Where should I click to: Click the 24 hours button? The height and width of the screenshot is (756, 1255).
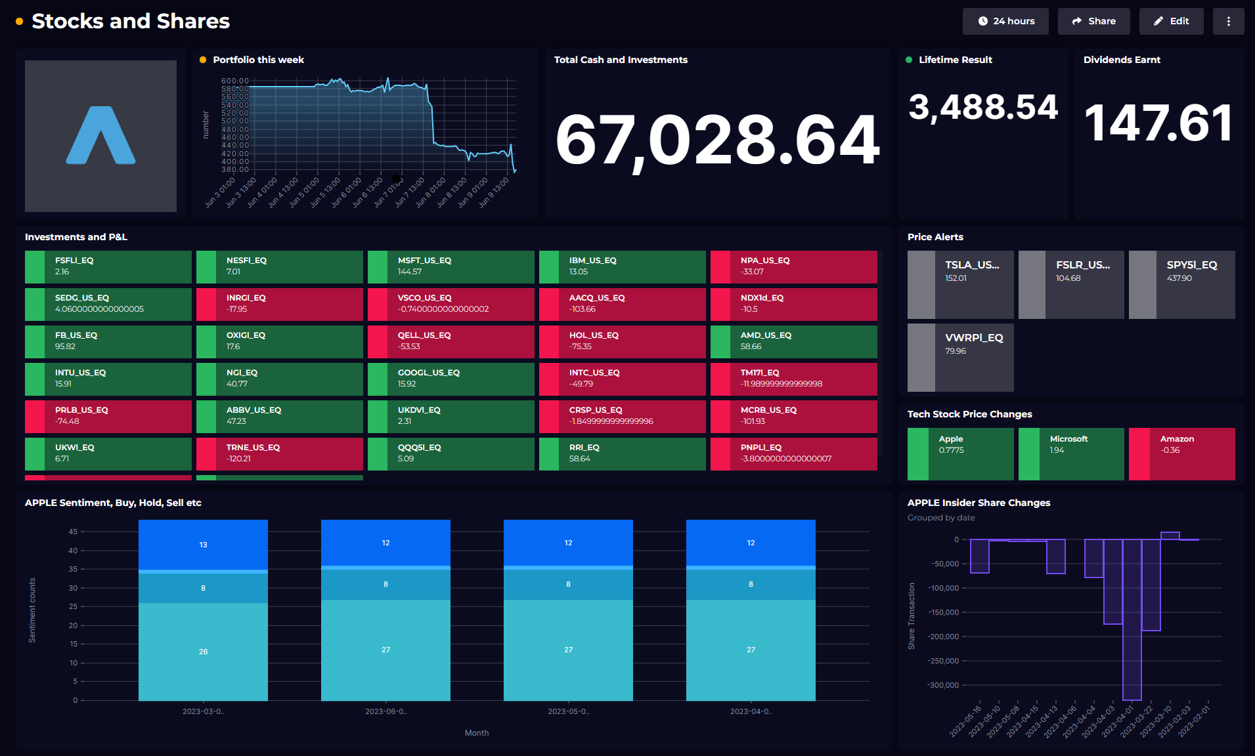pos(1005,21)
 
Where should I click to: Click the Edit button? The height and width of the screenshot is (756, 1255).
pos(1171,21)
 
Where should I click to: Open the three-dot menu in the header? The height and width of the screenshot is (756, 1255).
pos(1228,21)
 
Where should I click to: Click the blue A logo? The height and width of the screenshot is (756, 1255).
pos(100,136)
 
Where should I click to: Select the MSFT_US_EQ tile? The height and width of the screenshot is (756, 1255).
pos(451,266)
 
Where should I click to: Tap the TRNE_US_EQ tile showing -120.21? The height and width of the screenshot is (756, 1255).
pos(279,453)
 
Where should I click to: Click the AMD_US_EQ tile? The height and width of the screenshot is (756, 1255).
pos(793,341)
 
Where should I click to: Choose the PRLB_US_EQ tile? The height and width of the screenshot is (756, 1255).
pos(108,416)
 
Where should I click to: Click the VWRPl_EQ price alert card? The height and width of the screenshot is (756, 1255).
pos(960,357)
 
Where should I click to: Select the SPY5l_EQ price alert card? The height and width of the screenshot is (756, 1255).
pos(1181,284)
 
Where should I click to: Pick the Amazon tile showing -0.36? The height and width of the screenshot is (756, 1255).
pos(1181,453)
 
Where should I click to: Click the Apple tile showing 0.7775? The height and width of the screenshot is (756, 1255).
pos(960,453)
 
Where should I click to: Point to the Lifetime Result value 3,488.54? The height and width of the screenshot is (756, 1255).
pos(983,107)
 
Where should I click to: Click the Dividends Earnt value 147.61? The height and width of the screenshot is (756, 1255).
pos(1158,123)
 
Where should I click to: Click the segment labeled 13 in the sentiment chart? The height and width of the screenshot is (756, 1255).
pos(203,545)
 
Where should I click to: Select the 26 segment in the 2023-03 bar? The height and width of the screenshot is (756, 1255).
pos(203,652)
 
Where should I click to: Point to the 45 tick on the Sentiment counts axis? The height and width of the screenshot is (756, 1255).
pos(73,532)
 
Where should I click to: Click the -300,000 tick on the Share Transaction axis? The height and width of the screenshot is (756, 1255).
pos(943,685)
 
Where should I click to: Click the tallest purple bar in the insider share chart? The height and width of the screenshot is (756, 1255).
pos(1132,619)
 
